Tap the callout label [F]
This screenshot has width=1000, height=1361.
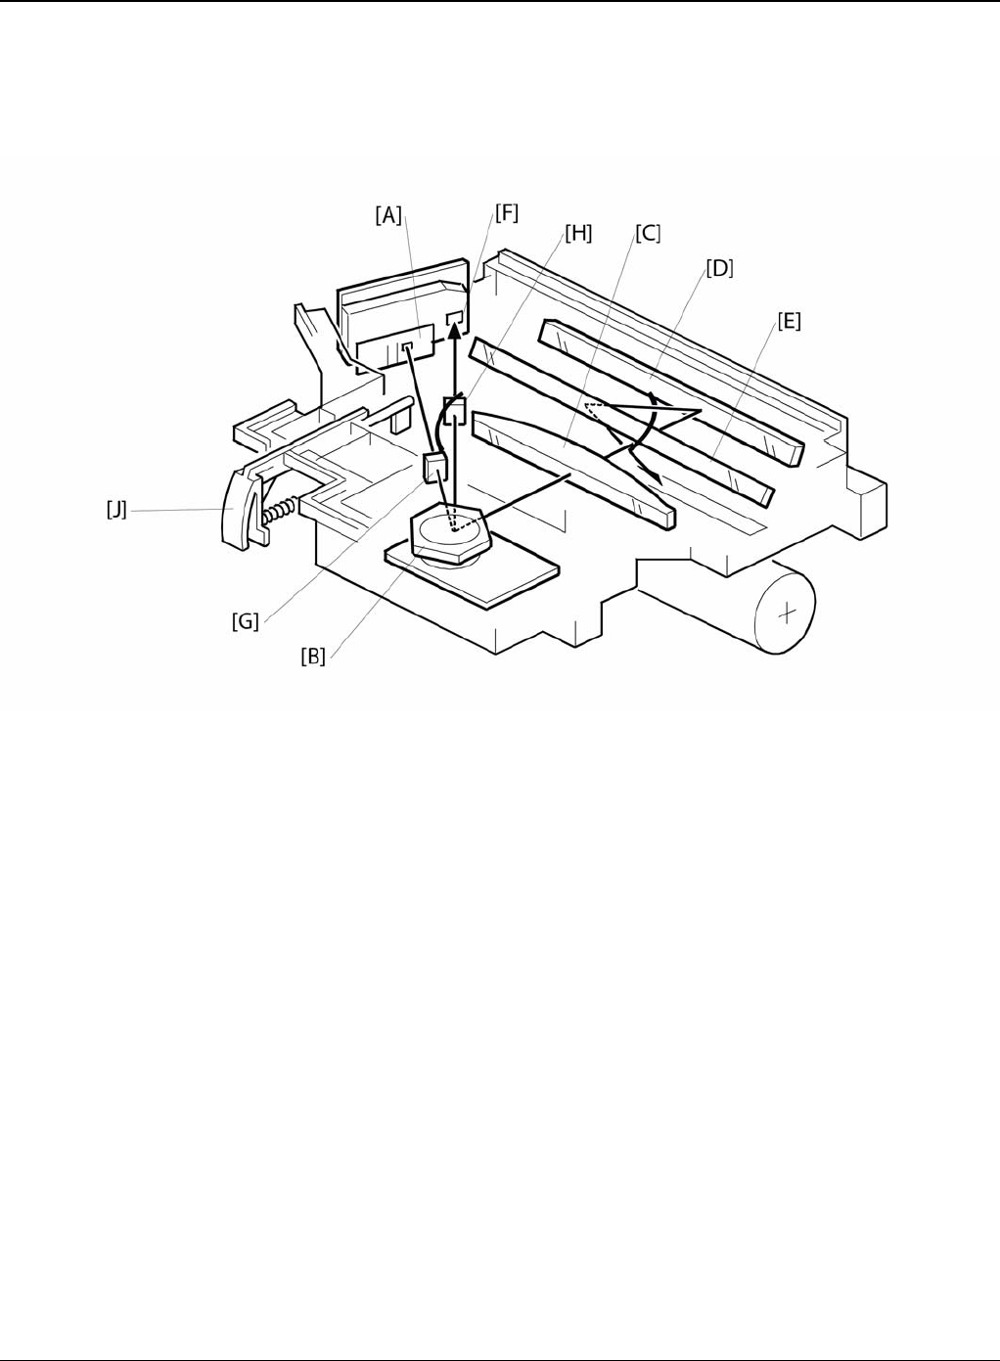click(506, 212)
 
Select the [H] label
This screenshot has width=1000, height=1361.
click(578, 234)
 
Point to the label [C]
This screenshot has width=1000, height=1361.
click(648, 234)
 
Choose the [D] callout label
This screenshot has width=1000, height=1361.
click(719, 267)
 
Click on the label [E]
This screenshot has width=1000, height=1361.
click(789, 320)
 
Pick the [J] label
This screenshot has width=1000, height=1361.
click(116, 509)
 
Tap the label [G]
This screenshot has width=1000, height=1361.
click(245, 620)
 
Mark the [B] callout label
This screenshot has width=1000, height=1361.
click(313, 656)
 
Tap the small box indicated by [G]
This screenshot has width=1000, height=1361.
click(433, 468)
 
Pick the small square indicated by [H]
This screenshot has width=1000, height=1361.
click(454, 408)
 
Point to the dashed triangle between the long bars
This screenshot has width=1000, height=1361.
click(600, 410)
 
